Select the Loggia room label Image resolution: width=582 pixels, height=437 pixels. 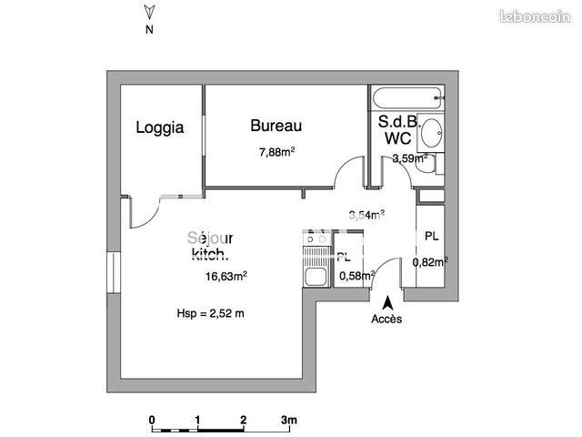click(160, 127)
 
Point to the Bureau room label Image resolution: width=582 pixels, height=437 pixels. click(276, 126)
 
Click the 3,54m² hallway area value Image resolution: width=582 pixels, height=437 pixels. click(366, 215)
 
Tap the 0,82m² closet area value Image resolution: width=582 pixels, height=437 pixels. click(430, 262)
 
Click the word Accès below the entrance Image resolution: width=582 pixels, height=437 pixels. click(386, 319)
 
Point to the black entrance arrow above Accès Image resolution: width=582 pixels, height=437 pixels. click(388, 301)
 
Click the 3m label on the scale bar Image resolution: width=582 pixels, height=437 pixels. click(289, 420)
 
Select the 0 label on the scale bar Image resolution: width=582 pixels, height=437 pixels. click(152, 420)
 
